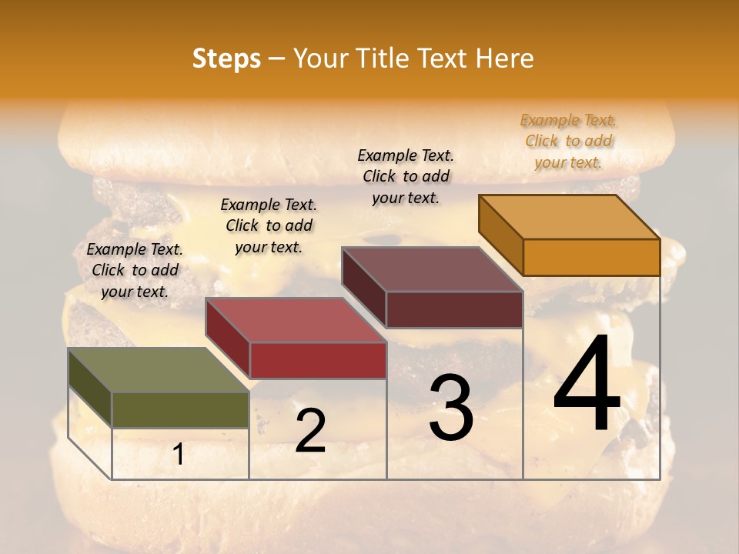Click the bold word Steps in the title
pos(226,58)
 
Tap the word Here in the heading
pos(505,58)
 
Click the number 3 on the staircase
pos(451,409)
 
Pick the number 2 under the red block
pos(310,431)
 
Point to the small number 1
pos(178,455)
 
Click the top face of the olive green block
pos(159,370)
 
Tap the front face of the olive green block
pos(180,409)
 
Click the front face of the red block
pos(317,360)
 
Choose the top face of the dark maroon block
pos(432,269)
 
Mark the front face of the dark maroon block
pos(454,309)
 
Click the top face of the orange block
pos(569,217)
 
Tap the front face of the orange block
pos(591,257)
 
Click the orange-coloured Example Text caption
pos(568,141)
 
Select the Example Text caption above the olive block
pos(135,270)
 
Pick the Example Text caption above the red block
pos(269,225)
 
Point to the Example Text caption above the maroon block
pos(406,176)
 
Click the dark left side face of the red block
pos(227,339)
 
